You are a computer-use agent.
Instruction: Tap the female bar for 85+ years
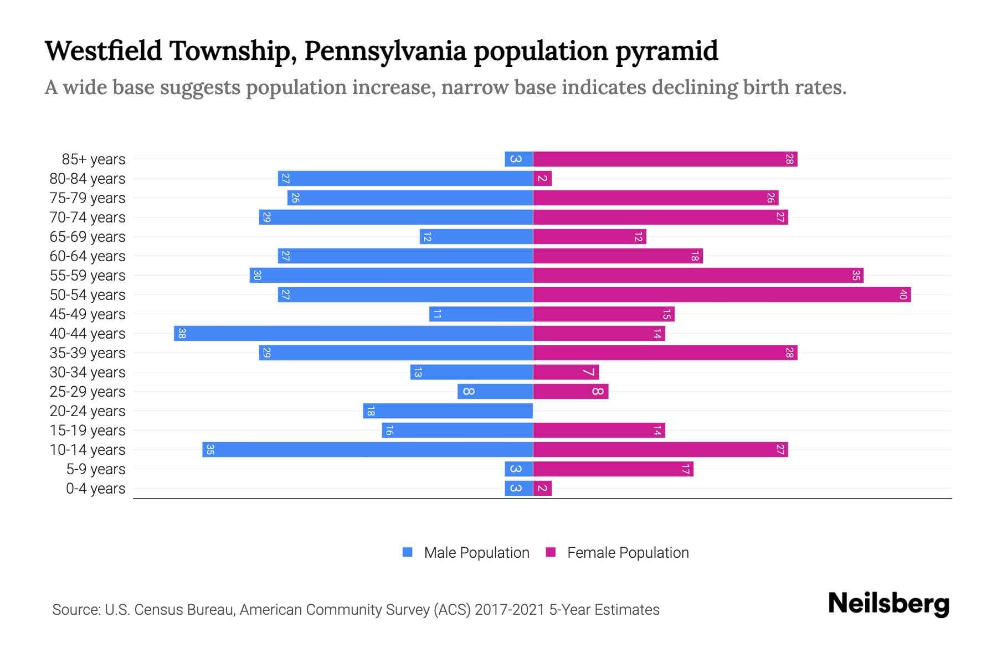tap(665, 159)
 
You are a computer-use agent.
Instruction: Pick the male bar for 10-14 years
tap(368, 449)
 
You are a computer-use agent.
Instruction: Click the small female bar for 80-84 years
tap(542, 178)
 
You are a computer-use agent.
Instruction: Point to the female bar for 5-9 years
tap(613, 469)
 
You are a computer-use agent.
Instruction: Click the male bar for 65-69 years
tap(476, 236)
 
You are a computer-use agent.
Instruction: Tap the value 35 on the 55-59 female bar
tap(856, 275)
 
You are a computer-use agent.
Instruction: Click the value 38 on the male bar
tap(182, 333)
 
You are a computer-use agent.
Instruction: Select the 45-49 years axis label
tap(88, 314)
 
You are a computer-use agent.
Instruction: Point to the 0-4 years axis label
tap(95, 489)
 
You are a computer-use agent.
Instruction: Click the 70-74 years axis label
tap(88, 217)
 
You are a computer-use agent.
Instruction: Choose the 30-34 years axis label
tap(88, 372)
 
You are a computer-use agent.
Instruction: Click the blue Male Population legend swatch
tap(408, 552)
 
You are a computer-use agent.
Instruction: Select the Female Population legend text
tap(628, 552)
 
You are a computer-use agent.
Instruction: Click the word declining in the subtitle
tap(695, 87)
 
